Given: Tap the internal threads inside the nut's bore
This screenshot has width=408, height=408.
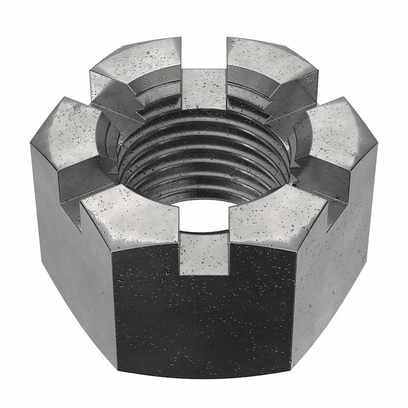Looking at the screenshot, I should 204,155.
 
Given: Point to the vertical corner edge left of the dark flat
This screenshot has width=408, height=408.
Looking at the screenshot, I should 114,311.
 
